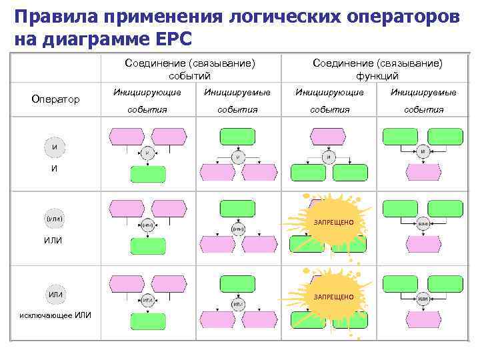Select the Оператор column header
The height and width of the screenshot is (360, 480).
[55, 99]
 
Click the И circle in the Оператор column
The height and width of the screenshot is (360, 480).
[55, 147]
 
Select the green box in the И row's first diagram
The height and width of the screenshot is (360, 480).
[148, 175]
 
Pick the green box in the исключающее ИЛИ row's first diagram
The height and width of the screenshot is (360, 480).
[148, 320]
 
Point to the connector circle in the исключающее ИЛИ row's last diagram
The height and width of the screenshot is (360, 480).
[423, 300]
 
